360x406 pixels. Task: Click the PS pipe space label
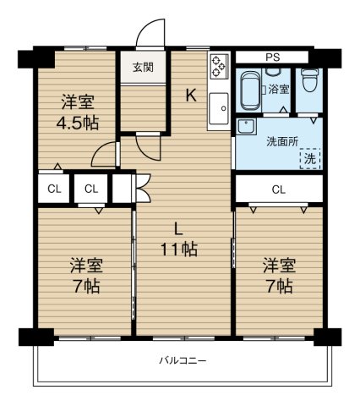273,58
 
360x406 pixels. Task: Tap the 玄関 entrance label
144,68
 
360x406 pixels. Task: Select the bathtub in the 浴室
250,90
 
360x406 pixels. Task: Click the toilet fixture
308,80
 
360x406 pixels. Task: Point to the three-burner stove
219,66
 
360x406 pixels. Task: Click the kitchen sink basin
219,108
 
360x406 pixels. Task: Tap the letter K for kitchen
191,96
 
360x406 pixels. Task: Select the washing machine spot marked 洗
310,158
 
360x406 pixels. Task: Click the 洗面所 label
282,141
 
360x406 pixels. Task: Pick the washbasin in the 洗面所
247,128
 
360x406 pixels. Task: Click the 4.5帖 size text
78,123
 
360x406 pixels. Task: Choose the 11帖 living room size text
179,250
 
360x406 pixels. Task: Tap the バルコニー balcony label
183,360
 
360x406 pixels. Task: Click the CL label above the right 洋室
279,189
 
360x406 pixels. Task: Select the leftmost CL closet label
54,189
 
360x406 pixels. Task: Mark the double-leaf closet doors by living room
143,188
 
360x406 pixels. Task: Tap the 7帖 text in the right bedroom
279,287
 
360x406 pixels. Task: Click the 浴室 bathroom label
279,90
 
